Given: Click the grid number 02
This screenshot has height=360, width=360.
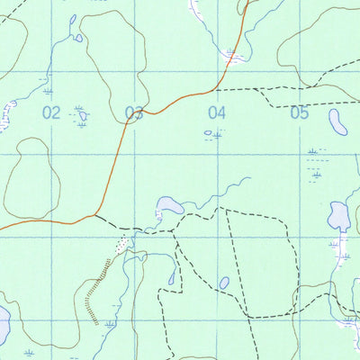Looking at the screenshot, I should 50,112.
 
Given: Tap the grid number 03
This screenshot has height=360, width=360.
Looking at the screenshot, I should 134,112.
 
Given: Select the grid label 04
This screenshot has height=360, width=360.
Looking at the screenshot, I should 216,112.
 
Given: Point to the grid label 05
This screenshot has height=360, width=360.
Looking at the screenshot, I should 299,112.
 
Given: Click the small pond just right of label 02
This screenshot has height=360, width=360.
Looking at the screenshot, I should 83,115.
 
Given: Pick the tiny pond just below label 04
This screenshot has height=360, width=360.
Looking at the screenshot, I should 213,134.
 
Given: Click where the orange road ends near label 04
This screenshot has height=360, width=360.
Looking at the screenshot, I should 216,89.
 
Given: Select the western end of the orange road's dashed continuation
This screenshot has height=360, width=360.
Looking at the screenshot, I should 94,216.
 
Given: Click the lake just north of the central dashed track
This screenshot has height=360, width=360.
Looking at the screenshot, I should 169,205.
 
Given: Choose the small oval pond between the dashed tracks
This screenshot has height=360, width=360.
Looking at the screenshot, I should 224,282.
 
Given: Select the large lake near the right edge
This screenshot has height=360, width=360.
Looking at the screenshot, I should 338,216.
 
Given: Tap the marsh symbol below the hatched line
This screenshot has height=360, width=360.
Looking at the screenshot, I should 110,322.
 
